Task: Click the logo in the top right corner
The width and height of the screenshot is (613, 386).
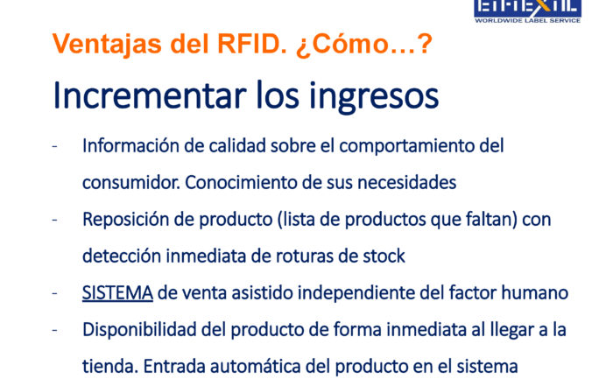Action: click(x=527, y=11)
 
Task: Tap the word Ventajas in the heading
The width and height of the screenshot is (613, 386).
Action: click(x=107, y=44)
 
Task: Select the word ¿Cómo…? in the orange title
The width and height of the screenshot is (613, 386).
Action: click(x=364, y=44)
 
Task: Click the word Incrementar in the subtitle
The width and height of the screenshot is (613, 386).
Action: click(x=150, y=95)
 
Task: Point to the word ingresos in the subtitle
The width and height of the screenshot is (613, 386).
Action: click(x=374, y=98)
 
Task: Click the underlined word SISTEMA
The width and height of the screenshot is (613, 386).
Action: click(x=117, y=292)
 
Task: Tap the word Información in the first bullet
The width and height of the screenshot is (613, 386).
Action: click(x=130, y=145)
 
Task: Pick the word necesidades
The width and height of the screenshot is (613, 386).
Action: click(x=407, y=182)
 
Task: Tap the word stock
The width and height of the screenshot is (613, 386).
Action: click(x=384, y=256)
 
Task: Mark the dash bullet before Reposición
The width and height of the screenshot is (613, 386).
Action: click(x=54, y=220)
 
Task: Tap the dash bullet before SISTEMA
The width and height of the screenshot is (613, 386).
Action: click(x=54, y=293)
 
